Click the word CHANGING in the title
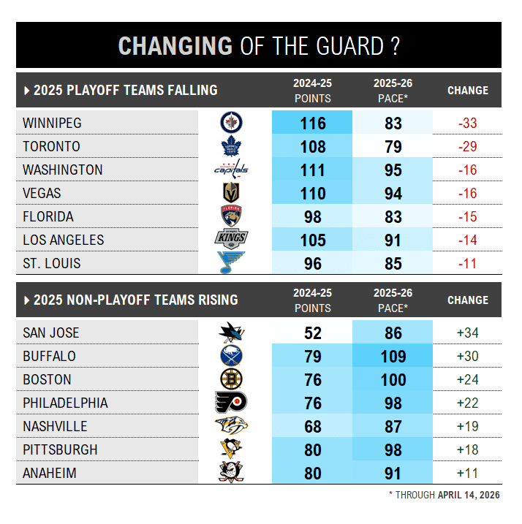tap(175, 45)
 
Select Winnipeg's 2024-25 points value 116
tap(313, 124)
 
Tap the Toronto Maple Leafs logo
tap(231, 147)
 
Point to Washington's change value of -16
tap(467, 170)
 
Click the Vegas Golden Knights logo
tap(231, 194)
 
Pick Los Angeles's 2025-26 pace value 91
tap(393, 240)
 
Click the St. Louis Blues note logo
tap(231, 263)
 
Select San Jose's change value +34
tap(467, 333)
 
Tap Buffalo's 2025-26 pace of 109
tap(393, 357)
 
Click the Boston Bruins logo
tap(231, 380)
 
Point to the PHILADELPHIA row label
tap(65, 403)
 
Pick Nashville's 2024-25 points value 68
tap(313, 427)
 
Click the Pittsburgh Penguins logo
tap(231, 449)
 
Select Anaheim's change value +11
tap(467, 474)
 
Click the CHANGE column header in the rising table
tap(467, 300)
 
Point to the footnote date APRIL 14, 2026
tap(469, 495)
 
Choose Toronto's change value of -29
tap(467, 147)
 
